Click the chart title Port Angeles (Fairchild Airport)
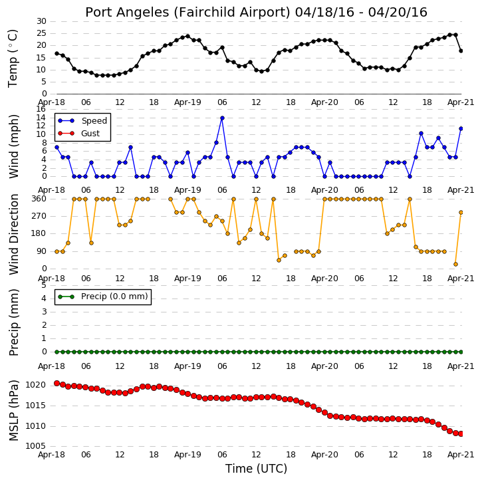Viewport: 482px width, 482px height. click(x=187, y=13)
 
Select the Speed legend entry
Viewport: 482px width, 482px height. click(x=82, y=121)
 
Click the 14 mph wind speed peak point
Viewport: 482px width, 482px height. click(x=222, y=118)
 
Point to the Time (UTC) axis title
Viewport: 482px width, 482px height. click(x=256, y=469)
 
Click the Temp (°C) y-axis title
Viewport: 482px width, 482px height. click(x=13, y=59)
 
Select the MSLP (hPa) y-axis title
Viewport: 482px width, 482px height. click(x=13, y=411)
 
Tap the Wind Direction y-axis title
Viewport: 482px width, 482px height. click(x=14, y=234)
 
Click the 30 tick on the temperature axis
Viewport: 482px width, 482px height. click(x=41, y=21)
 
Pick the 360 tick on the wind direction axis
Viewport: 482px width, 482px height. click(x=39, y=199)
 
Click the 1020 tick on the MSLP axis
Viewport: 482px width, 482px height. click(x=36, y=385)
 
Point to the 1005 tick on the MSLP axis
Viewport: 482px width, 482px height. click(x=36, y=446)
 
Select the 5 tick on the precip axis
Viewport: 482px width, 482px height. click(x=44, y=285)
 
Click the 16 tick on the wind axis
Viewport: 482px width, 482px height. click(x=41, y=109)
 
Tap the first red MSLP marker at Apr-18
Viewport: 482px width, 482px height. click(x=57, y=384)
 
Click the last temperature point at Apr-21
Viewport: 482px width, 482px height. click(x=461, y=51)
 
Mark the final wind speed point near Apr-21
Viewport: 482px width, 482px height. click(x=461, y=129)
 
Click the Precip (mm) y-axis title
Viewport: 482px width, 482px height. click(x=14, y=322)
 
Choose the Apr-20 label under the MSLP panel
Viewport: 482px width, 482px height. click(x=324, y=455)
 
